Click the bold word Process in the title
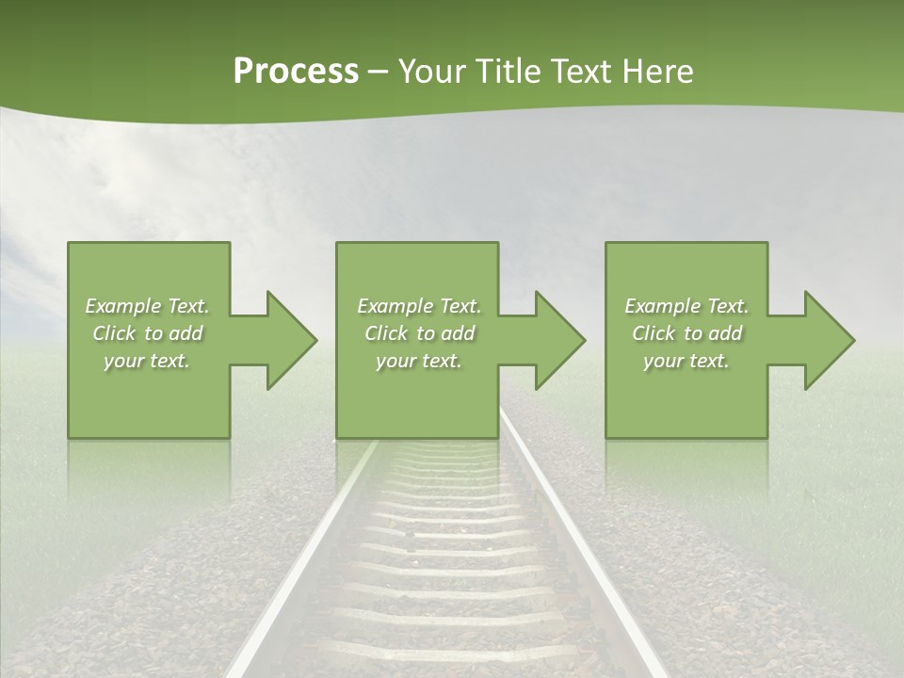296,71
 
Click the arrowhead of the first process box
288,340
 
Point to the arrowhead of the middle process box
557,340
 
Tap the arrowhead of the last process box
827,340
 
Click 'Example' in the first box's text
123,306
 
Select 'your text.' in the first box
147,361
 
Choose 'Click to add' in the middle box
419,333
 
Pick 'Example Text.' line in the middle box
419,306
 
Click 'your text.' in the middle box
419,361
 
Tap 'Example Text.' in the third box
686,306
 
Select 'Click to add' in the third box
686,333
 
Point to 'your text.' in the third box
686,361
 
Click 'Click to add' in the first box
147,333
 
